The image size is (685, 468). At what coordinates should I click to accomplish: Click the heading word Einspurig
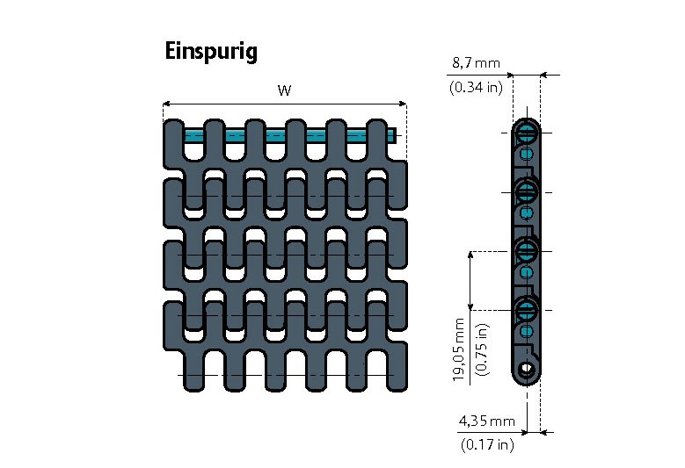pos(210,52)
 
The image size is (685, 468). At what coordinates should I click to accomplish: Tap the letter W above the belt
pos(284,90)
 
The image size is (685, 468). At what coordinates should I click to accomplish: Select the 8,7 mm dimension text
pos(475,63)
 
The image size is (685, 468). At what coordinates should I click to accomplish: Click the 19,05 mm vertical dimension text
pos(459,349)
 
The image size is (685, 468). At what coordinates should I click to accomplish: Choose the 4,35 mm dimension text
pos(486,421)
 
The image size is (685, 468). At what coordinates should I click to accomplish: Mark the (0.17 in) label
pos(486,445)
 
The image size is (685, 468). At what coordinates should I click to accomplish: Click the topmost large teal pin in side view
pos(527,133)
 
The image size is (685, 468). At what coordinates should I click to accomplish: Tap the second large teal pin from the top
pos(527,191)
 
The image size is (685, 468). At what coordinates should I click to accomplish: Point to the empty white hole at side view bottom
pos(526,369)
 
